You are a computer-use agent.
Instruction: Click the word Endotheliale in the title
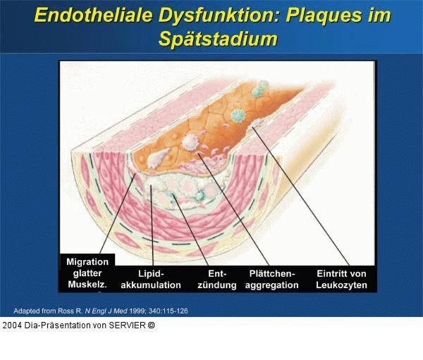(96, 16)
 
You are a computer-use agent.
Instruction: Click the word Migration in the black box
(87, 261)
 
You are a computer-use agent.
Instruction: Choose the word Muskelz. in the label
(87, 285)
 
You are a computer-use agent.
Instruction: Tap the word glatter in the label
(87, 273)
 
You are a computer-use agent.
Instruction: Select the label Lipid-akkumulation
(151, 279)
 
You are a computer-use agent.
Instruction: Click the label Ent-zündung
(216, 279)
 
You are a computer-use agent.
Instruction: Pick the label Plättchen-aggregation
(271, 279)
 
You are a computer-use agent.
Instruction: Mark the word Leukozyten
(342, 285)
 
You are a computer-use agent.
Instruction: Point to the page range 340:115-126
(168, 310)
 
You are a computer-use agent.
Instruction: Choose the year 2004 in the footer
(12, 325)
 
